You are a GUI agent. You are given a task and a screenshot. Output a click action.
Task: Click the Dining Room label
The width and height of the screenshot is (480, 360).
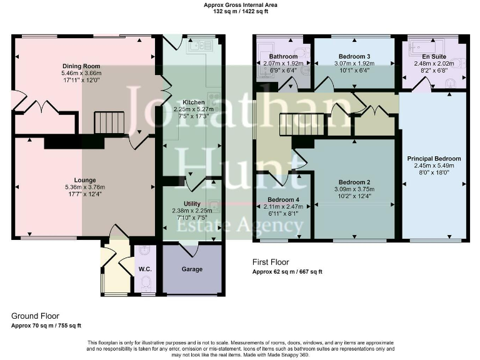tap(81, 66)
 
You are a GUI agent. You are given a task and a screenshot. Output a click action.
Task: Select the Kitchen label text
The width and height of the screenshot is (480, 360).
tap(194, 102)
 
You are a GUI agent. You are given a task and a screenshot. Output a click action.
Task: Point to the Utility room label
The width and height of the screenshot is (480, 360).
tap(192, 204)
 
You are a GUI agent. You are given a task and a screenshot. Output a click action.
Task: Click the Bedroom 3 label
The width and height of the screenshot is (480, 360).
tap(354, 57)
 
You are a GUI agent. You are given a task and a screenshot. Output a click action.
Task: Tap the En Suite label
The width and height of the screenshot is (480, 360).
tap(431, 57)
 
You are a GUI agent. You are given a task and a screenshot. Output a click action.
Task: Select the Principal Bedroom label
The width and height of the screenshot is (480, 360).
tap(434, 159)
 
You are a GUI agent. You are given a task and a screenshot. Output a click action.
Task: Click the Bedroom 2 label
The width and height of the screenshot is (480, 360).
tap(354, 182)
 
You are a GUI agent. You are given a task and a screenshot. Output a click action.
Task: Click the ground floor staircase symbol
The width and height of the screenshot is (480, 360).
tap(109, 122)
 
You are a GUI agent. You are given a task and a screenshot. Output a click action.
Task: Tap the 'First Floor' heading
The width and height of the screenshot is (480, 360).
tap(271, 262)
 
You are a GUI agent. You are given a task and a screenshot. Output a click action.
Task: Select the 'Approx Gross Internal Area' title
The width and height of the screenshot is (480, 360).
tap(241, 5)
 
